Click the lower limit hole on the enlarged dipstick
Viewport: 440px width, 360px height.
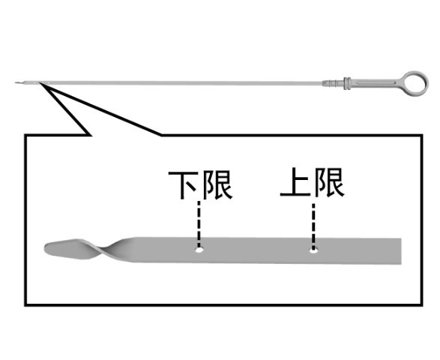pyautogui.click(x=199, y=250)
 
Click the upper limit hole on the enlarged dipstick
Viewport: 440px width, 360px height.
pyautogui.click(x=314, y=250)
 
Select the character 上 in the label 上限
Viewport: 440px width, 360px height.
pyautogui.click(x=295, y=182)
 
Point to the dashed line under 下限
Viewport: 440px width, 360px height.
pyautogui.click(x=199, y=223)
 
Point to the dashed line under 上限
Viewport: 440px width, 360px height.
pyautogui.click(x=313, y=226)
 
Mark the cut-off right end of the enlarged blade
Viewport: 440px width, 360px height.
pyautogui.click(x=401, y=251)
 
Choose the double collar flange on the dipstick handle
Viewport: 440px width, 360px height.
pyautogui.click(x=347, y=83)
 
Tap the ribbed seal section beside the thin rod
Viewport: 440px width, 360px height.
pyautogui.click(x=333, y=83)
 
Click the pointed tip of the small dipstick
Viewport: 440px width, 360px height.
pyautogui.click(x=16, y=82)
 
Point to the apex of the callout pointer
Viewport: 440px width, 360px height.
pyautogui.click(x=40, y=82)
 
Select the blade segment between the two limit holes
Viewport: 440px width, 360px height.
pyautogui.click(x=256, y=250)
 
